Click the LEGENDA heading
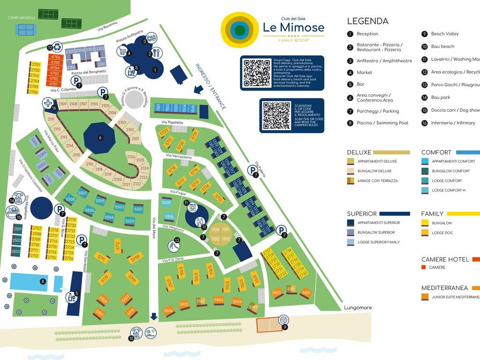click(367, 21)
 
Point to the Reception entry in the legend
click(367, 34)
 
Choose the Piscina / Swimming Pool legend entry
click(382, 123)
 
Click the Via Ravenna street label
click(107, 29)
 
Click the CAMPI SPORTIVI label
click(22, 18)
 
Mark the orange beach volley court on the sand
click(270, 324)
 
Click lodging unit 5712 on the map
click(117, 246)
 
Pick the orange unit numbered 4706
click(55, 57)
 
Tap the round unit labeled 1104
click(215, 230)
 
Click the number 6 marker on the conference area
click(100, 138)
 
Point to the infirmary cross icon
click(47, 103)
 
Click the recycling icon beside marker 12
click(57, 47)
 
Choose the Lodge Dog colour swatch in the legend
click(425, 232)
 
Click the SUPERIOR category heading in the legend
click(361, 214)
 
